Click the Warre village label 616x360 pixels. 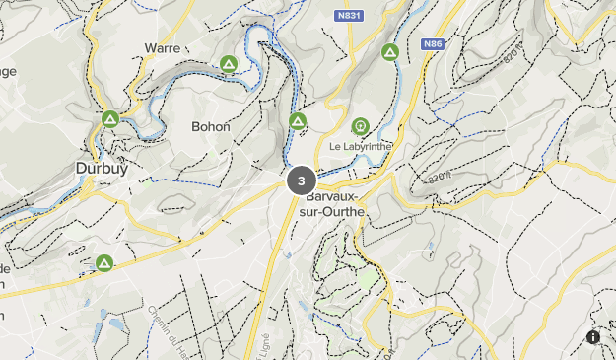tap(163, 47)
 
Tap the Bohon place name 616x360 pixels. tap(212, 127)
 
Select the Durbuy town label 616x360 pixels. tap(102, 169)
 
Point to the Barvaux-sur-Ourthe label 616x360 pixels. tap(329, 203)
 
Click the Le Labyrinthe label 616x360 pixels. tap(361, 146)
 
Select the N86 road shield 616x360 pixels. tap(434, 44)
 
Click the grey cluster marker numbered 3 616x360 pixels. tap(301, 180)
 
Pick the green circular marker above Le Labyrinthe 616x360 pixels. tap(360, 126)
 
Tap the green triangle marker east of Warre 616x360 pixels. tap(228, 65)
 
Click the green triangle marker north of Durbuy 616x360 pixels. tap(109, 119)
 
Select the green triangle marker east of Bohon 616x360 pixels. tap(298, 121)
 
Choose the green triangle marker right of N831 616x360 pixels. tap(389, 52)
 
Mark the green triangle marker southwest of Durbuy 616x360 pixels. tap(103, 263)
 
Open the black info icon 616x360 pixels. tap(593, 337)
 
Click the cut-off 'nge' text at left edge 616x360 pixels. tap(8, 71)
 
